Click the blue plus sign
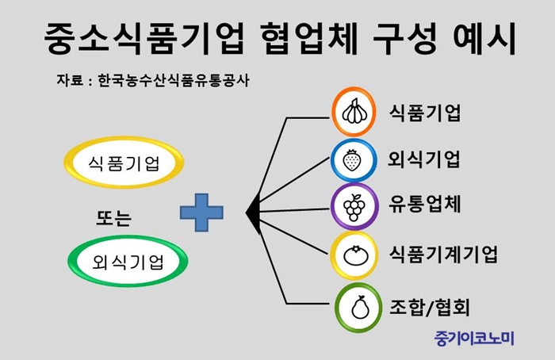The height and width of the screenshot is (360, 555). pos(201,213)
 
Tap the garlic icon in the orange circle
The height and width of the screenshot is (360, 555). pos(354,111)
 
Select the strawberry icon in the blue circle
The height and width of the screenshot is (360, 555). pos(352,160)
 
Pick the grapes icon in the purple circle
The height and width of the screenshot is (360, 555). pos(354,207)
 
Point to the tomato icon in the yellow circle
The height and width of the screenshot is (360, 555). pos(355,255)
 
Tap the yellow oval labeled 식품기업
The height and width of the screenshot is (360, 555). pos(124,163)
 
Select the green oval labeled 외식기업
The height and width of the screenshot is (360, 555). pos(128,261)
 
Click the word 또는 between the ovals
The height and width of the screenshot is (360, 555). pos(114,218)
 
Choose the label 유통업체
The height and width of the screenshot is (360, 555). pos(425,205)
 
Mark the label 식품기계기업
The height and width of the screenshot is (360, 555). pos(443,254)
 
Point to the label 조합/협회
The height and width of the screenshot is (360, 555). pos(430,307)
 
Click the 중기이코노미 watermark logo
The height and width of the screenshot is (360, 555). pos(474,339)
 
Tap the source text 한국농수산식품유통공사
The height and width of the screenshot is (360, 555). pos(174,80)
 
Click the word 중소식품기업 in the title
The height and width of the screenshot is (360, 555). pos(144,38)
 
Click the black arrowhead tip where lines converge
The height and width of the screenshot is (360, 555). pos(246,213)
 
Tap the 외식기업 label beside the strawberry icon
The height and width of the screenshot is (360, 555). pos(424,159)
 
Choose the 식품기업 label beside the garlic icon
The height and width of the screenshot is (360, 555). pos(425,113)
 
